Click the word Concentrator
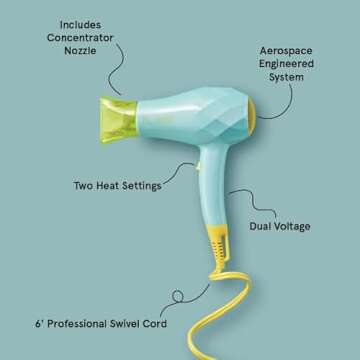[80, 38]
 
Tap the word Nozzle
[80, 51]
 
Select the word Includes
[80, 25]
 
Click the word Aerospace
[286, 51]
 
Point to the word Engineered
[286, 64]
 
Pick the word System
[286, 77]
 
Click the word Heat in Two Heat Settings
[108, 186]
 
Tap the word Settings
[141, 186]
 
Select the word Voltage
[293, 226]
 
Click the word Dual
[262, 226]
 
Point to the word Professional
[77, 324]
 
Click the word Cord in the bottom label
[155, 324]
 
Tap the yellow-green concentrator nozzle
[118, 120]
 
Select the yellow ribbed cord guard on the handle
[218, 246]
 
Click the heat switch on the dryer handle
[197, 166]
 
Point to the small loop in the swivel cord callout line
[178, 295]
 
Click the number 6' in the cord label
[40, 324]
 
